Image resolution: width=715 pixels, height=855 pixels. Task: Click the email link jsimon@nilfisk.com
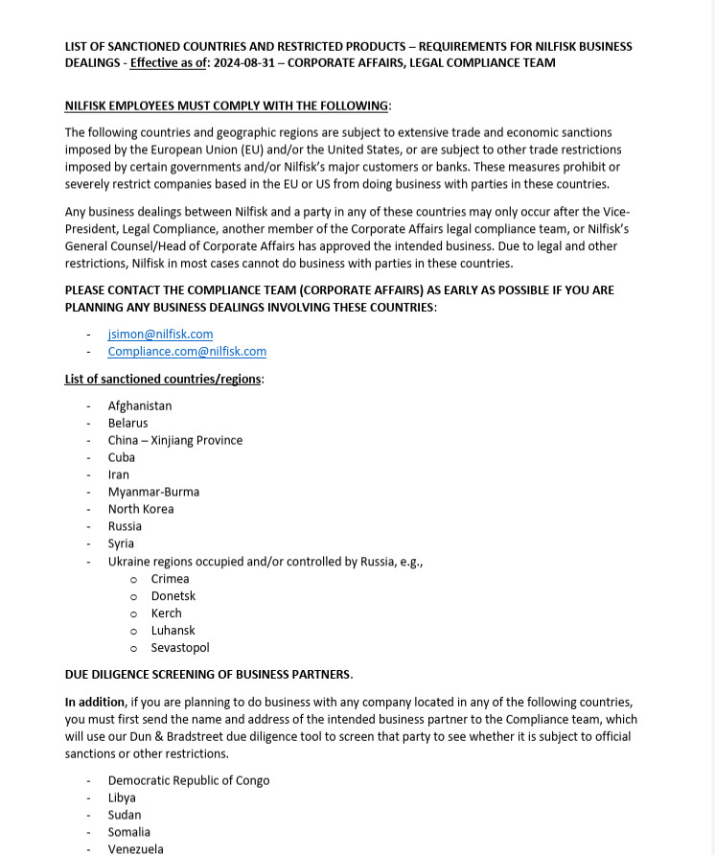(160, 335)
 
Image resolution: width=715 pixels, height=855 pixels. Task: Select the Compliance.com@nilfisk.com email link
(187, 352)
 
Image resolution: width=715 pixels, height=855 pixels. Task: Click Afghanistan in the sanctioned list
(139, 406)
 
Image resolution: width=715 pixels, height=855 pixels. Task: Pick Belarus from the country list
(127, 424)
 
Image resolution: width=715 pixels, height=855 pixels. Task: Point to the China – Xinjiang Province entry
(174, 441)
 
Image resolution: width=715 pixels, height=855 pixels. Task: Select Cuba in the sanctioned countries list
(121, 458)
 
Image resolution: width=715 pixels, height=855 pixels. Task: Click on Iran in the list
(118, 475)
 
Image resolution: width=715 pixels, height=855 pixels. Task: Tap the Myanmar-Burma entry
(153, 493)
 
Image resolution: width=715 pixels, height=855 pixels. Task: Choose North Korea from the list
(140, 510)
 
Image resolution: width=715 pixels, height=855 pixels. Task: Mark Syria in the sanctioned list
(121, 544)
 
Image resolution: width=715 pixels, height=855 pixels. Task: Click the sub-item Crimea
(170, 579)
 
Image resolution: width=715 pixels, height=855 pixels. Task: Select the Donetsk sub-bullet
(173, 596)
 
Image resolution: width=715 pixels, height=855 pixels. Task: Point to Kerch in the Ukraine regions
(166, 613)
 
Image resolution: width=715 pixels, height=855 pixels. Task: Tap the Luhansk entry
(173, 631)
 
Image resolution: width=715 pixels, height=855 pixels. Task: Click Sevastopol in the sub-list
(179, 648)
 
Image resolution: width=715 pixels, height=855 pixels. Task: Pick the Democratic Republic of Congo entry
(188, 781)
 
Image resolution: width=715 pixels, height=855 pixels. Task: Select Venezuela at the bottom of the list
(135, 849)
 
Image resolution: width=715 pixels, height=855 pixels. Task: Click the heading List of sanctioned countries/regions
(163, 380)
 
